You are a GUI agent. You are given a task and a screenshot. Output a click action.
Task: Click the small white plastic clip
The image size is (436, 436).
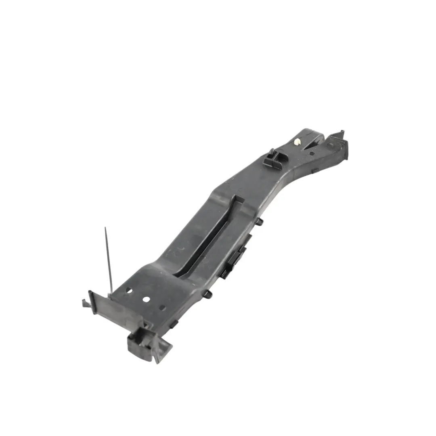point(297,142)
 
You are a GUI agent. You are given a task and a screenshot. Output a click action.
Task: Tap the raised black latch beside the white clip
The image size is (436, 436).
point(271,157)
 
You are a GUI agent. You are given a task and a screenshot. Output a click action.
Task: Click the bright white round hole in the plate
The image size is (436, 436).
point(146,300)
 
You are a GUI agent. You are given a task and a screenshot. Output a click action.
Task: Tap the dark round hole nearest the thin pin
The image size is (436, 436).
point(129,290)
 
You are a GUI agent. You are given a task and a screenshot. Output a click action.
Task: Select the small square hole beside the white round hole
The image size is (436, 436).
point(162,308)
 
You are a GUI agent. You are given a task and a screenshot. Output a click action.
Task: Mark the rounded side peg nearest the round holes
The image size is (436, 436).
point(208,294)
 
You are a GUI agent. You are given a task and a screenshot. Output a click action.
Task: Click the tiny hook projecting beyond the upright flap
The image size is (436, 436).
point(85,302)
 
